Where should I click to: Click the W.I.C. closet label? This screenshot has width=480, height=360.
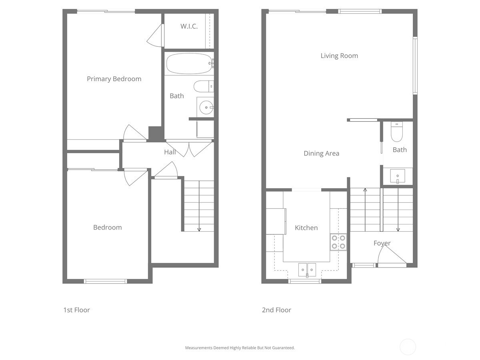click(x=189, y=26)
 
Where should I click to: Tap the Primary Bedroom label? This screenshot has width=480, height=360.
click(x=114, y=79)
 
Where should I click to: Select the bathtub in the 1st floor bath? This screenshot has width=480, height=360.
click(x=189, y=64)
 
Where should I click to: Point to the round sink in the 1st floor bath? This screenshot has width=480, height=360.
click(x=206, y=107)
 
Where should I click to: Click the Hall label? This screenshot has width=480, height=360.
click(x=170, y=152)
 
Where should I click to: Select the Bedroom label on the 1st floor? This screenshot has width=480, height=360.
click(x=107, y=227)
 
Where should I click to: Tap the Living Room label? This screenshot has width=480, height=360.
click(x=339, y=56)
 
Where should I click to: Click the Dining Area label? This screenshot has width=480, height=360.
click(x=321, y=153)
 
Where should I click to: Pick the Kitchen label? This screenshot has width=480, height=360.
click(x=306, y=228)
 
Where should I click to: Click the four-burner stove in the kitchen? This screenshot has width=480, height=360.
click(x=338, y=242)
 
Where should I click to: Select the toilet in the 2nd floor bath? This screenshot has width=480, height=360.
click(x=396, y=132)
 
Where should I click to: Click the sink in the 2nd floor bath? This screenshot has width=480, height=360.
click(x=398, y=176)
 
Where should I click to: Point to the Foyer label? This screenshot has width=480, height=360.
click(x=382, y=243)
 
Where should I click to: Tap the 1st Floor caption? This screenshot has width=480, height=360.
click(x=76, y=310)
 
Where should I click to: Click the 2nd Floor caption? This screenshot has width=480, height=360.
click(x=276, y=310)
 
